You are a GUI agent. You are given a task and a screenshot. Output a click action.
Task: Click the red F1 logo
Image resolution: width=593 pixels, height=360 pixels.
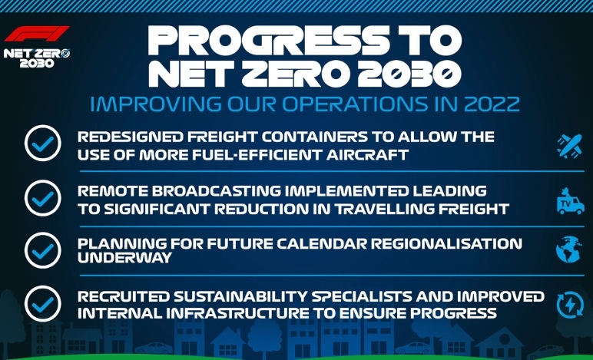tap(37, 34)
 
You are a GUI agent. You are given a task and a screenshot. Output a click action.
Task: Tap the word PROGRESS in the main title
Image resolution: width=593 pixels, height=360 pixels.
tap(269, 41)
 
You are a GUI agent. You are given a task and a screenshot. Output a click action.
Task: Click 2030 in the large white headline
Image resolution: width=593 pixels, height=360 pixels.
tap(409, 74)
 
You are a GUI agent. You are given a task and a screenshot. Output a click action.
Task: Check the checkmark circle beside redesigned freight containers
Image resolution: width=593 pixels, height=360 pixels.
tap(43, 144)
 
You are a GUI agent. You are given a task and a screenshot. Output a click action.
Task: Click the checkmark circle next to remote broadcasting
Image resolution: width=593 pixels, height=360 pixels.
tap(43, 198)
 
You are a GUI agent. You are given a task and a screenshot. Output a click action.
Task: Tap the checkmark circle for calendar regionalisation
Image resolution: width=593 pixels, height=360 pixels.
tap(43, 250)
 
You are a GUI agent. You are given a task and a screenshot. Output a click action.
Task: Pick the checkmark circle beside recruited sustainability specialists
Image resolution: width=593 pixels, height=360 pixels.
tap(43, 304)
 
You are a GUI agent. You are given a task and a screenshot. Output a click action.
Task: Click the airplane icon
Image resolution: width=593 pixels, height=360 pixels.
tap(569, 146)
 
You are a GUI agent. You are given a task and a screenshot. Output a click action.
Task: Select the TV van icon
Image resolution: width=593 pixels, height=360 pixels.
tap(570, 201)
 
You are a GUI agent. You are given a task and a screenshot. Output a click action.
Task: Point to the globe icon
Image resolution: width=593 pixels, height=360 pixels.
tap(569, 249)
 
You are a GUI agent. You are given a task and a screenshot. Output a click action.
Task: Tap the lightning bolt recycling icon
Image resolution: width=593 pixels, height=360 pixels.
tap(570, 305)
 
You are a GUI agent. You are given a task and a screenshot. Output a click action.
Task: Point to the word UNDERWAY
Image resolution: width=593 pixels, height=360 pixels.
tap(124, 258)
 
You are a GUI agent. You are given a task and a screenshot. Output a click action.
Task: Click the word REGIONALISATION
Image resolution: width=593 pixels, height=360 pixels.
tap(446, 243)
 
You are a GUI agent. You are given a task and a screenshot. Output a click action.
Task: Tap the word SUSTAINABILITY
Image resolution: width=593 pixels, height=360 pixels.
tap(240, 297)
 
